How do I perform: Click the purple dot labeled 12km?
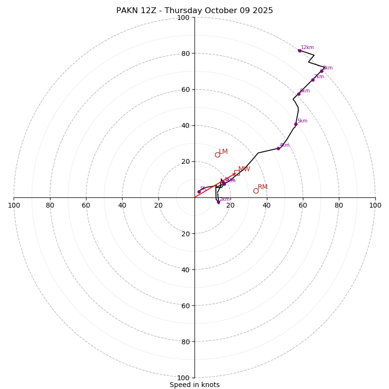[x=300, y=51]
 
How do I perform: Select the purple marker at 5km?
[x=296, y=124]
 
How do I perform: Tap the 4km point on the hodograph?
[x=278, y=148]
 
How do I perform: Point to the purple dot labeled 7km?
[x=313, y=80]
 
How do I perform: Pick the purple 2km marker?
[x=218, y=202]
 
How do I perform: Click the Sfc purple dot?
[x=199, y=192]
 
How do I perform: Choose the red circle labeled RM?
[x=256, y=191]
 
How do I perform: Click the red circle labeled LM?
[x=217, y=155]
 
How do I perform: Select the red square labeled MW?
[x=237, y=173]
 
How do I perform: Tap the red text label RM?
[x=263, y=187]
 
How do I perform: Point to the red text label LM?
[x=223, y=152]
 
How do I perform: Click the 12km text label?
[x=307, y=48]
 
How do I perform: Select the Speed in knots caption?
[x=194, y=385]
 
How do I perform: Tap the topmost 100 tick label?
[x=183, y=18]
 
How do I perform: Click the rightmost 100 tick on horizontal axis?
[x=375, y=205]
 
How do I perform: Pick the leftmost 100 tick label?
[x=14, y=205]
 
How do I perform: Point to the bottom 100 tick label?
[x=183, y=378]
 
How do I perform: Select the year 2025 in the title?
[x=263, y=11]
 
